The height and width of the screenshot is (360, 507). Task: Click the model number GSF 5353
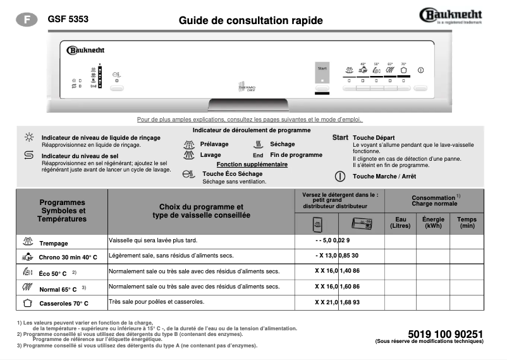pyautogui.click(x=68, y=20)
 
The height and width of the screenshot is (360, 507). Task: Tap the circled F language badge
pyautogui.click(x=27, y=20)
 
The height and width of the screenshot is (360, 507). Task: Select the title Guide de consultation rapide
pyautogui.click(x=250, y=21)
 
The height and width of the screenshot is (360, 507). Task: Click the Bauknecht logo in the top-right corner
pyautogui.click(x=451, y=15)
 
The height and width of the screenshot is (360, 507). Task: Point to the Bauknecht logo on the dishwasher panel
pyautogui.click(x=85, y=50)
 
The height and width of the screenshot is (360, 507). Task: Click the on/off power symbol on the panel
pyautogui.click(x=421, y=70)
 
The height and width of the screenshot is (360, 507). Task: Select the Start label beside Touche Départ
pyautogui.click(x=340, y=137)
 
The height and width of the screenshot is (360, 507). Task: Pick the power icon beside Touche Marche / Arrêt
pyautogui.click(x=340, y=177)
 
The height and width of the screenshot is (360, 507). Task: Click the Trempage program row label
pyautogui.click(x=53, y=244)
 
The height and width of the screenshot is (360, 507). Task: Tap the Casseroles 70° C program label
pyautogui.click(x=63, y=304)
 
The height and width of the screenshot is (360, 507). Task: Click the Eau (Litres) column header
pyautogui.click(x=400, y=223)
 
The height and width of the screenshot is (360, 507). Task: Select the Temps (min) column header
pyautogui.click(x=467, y=223)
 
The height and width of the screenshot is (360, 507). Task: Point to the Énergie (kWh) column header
pyautogui.click(x=433, y=223)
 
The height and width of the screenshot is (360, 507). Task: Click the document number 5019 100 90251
pyautogui.click(x=446, y=333)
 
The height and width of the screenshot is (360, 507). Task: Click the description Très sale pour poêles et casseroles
pyautogui.click(x=157, y=302)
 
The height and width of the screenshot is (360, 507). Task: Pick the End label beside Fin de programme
pyautogui.click(x=258, y=155)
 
